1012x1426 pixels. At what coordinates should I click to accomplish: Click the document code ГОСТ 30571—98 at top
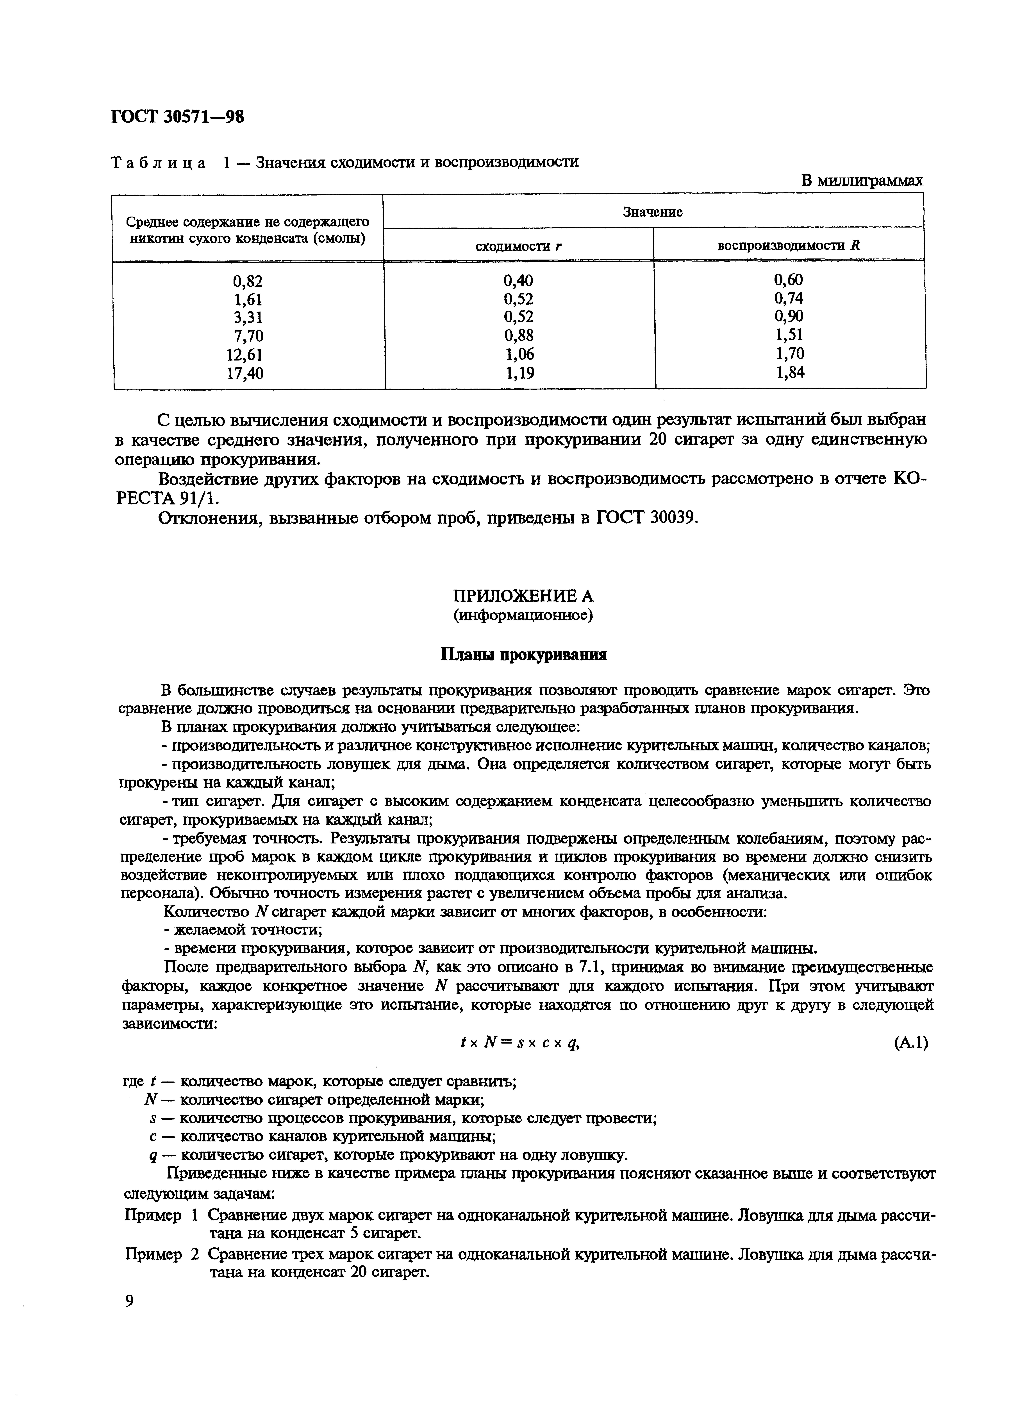pos(178,117)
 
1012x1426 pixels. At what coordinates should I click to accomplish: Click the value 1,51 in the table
pos(789,335)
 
